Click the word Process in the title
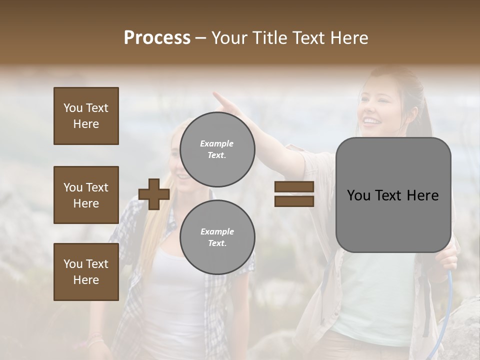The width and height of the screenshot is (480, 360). (x=157, y=38)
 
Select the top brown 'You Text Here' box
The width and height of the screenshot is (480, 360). (x=86, y=116)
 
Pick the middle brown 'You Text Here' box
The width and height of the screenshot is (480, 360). (x=86, y=195)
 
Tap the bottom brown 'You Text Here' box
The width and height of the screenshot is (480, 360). (x=86, y=271)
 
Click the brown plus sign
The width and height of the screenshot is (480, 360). (x=154, y=195)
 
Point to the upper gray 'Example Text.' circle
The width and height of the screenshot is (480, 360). (x=217, y=149)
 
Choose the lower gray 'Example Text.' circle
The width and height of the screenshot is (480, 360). (x=217, y=237)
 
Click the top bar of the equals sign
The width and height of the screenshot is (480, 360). (x=294, y=186)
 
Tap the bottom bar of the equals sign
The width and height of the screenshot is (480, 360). (x=294, y=201)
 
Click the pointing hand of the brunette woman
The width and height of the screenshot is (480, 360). (x=222, y=100)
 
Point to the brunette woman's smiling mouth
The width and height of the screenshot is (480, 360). (x=371, y=120)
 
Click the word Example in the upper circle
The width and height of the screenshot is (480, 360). (x=216, y=143)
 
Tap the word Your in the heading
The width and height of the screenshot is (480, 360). (x=229, y=38)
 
